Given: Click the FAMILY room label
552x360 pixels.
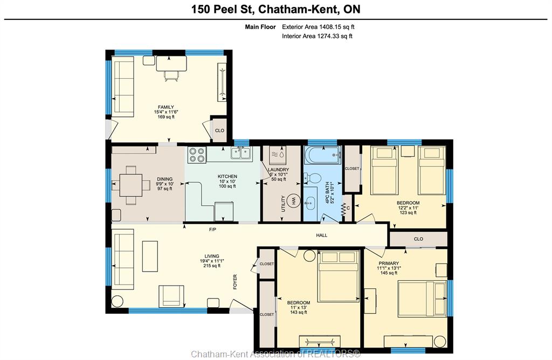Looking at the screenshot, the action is (166, 107).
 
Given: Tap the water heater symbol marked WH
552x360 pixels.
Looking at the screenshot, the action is (292, 202).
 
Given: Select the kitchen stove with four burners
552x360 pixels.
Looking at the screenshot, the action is (197, 155).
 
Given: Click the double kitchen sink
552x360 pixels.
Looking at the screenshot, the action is (240, 154).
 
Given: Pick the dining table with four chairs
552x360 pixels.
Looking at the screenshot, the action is (130, 185).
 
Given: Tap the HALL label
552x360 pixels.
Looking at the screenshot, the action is (321, 236).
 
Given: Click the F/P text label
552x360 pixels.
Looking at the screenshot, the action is (212, 230).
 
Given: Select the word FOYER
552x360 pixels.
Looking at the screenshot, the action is (235, 282).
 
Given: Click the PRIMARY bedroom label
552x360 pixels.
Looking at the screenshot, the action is (389, 263).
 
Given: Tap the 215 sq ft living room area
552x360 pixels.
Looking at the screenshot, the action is (212, 266).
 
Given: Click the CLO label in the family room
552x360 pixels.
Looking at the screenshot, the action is (219, 130).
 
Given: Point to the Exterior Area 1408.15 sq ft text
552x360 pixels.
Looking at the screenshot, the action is (318, 27).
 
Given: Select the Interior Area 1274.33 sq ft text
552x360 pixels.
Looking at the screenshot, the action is (317, 36).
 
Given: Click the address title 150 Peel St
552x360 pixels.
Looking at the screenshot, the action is (222, 9).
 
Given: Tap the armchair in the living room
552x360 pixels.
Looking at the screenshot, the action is (171, 296).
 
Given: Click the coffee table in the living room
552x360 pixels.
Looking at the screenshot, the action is (150, 256).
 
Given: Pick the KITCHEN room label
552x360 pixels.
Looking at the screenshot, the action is (227, 176).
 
